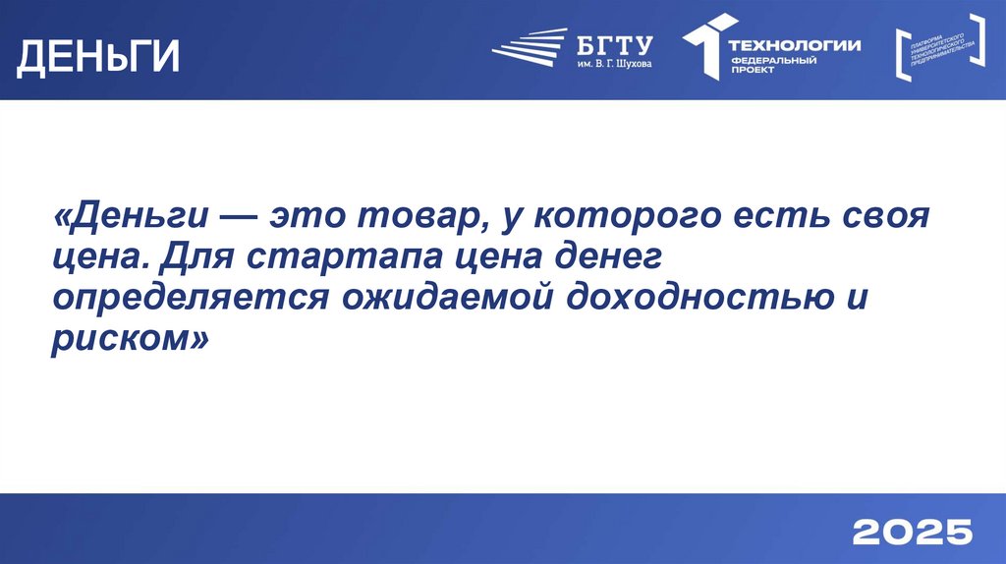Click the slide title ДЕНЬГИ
point(98,56)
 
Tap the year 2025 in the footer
point(912,532)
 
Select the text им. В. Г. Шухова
point(612,65)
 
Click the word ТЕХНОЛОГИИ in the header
point(794,44)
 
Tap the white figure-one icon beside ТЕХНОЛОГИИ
point(706,45)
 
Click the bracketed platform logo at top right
point(941,47)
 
